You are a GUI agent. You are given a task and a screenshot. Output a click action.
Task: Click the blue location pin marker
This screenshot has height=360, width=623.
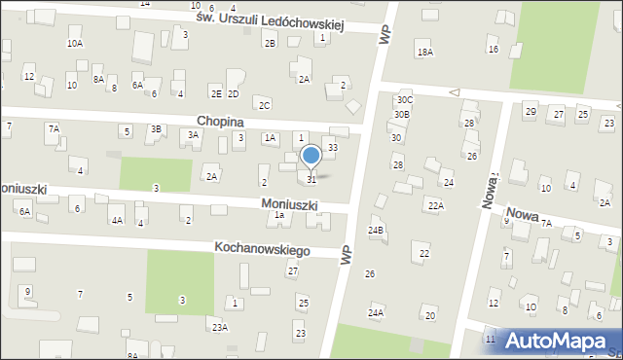tap(311, 157)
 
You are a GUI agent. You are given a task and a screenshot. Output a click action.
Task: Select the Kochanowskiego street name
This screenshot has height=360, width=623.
tap(264, 250)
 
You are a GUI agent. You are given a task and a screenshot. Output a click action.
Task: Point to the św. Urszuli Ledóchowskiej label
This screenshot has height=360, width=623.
tap(270, 21)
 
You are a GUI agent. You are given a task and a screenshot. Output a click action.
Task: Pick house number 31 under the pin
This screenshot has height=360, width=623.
tap(311, 180)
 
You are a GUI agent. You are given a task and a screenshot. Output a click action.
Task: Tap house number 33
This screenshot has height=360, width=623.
tap(332, 147)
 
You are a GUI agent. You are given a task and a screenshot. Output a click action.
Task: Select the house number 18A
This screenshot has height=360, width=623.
tap(423, 52)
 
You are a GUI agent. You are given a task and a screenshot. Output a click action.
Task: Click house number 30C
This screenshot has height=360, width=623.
tap(404, 100)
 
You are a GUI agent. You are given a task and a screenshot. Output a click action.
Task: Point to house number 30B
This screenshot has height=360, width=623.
tap(402, 115)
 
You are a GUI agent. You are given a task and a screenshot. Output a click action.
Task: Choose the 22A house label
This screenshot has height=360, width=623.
tap(435, 205)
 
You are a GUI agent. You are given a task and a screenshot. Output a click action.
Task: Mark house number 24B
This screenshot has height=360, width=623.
tap(376, 231)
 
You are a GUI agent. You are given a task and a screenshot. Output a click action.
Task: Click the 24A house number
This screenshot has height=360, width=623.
tap(376, 312)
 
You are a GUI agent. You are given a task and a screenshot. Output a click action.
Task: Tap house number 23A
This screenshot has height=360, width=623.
tap(220, 328)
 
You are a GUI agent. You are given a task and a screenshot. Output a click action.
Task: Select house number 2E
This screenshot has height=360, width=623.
tap(216, 94)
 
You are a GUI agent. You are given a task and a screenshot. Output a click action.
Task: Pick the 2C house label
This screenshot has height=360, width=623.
tap(265, 105)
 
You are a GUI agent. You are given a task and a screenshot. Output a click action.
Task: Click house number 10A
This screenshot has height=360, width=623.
tap(75, 44)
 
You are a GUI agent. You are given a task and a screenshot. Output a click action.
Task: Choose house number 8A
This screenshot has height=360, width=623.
tap(98, 79)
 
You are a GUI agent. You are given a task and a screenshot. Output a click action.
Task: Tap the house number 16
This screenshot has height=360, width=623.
tap(494, 50)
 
